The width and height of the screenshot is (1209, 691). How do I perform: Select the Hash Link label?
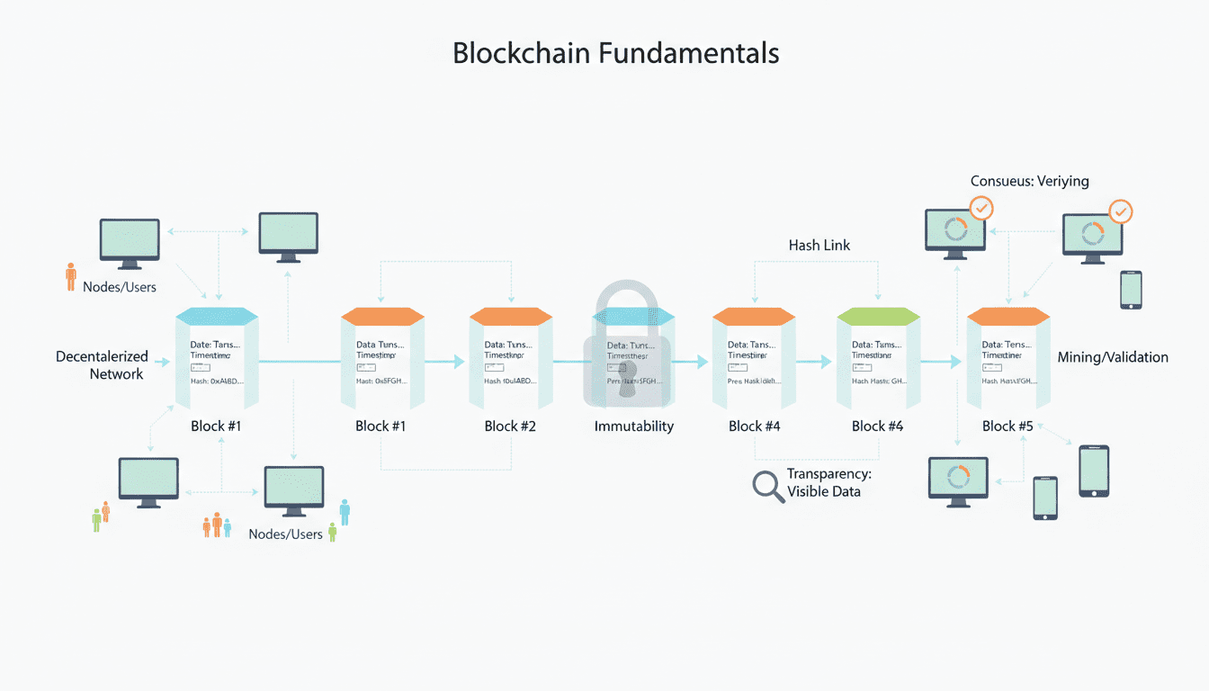pos(819,245)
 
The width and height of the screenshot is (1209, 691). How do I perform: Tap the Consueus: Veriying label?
pos(1029,181)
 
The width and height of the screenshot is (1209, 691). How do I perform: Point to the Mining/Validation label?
pos(1113,357)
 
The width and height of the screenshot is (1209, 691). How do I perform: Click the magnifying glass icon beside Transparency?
pos(767,485)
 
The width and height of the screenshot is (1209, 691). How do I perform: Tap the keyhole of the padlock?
pos(628,378)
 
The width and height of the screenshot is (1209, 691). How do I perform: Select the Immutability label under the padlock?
pos(633,426)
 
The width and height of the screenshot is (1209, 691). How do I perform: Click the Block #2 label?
pos(510,426)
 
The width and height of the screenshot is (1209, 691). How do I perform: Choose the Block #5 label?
pos(1007,426)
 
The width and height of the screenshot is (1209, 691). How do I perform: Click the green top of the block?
pos(878,316)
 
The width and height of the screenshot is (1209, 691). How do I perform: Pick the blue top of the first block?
pos(217,316)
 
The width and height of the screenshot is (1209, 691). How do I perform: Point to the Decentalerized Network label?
pos(101,365)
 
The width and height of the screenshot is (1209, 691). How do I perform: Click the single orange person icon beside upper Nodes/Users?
pos(71,277)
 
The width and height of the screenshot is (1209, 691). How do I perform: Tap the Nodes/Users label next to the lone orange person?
pos(119,287)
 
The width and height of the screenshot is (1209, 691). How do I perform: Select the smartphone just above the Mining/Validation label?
pos(1131,290)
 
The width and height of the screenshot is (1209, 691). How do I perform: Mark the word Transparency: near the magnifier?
pos(828,474)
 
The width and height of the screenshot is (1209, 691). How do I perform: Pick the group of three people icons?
pos(216,526)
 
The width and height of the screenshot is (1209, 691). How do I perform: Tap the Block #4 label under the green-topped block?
pos(877,426)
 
